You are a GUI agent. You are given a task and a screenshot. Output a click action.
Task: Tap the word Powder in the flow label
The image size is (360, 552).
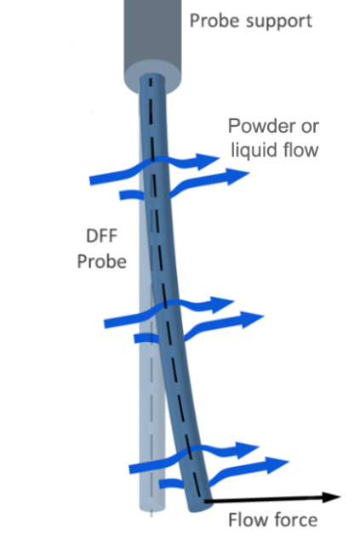coord(256,128)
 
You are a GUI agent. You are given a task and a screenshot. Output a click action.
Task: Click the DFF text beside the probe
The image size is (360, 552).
coord(101,238)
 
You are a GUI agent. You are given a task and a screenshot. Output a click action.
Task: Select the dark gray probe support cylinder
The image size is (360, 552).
coord(158,34)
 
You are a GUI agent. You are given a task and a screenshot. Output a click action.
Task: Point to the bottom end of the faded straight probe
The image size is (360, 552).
coord(151,509)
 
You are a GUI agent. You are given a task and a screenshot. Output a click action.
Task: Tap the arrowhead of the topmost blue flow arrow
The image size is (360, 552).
coord(207,159)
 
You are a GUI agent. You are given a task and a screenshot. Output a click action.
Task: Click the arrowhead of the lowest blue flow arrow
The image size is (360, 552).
coord(280,464)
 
